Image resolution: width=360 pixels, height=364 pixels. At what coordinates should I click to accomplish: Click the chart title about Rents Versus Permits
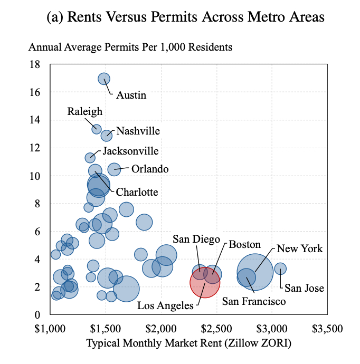[x=185, y=17]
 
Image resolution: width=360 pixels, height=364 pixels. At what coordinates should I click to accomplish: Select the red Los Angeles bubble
[x=204, y=282]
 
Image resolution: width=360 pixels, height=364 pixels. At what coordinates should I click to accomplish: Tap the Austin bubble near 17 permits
[x=104, y=79]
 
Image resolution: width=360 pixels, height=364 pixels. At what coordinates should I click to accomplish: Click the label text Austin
[x=131, y=95]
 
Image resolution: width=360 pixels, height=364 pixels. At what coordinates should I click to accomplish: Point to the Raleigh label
[x=85, y=111]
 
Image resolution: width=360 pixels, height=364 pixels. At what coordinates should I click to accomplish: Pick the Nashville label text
[x=138, y=131]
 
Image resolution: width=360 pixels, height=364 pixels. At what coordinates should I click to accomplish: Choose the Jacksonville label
[x=130, y=151]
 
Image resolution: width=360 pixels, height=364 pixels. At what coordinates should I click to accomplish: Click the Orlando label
[x=149, y=169]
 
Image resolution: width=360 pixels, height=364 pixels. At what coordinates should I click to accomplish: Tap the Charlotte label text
[x=137, y=192]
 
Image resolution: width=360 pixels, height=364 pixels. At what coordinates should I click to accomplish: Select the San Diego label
[x=196, y=240]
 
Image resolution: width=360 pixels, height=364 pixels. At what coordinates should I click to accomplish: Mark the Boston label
[x=244, y=244]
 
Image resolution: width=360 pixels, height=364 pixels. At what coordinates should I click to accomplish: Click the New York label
[x=299, y=248]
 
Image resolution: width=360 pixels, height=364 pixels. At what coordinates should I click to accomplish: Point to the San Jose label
[x=304, y=289]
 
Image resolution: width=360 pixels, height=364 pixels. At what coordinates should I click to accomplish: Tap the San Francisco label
[x=254, y=301]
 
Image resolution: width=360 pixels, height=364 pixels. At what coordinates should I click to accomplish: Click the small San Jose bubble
[x=280, y=269]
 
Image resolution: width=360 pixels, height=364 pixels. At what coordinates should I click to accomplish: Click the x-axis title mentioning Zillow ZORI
[x=188, y=343]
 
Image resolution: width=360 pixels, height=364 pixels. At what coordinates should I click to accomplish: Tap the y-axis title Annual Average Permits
[x=130, y=47]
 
